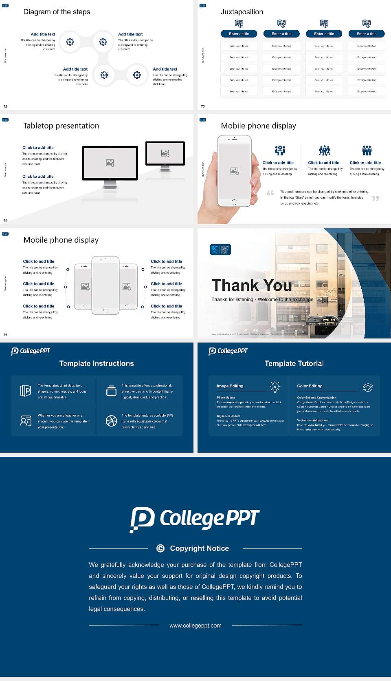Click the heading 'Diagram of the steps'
point(57,12)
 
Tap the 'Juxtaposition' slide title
point(242,12)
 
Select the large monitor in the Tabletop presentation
point(110,163)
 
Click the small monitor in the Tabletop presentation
point(165,153)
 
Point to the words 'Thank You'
point(252,285)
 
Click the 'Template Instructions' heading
point(97,363)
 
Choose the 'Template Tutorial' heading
point(294,363)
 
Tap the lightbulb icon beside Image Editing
point(275,387)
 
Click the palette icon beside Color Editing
point(368,387)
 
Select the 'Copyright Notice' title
point(199,548)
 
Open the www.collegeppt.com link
point(195,626)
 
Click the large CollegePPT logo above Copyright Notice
point(195,519)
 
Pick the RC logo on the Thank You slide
point(220,250)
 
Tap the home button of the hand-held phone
point(234,202)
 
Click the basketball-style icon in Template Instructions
point(111,421)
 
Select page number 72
point(5,106)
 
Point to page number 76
point(5,334)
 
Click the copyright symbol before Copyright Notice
point(160,548)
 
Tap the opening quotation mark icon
point(270,193)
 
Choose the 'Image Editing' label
point(230,386)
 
